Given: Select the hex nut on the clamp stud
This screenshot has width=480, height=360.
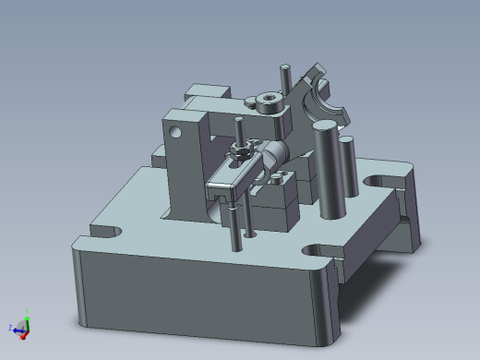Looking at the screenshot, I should (x=241, y=150).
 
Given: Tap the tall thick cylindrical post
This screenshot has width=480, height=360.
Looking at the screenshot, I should (x=328, y=170).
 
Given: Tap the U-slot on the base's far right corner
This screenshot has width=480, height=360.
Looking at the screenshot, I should (x=380, y=179).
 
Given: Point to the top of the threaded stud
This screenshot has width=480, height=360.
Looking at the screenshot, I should (x=238, y=122).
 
